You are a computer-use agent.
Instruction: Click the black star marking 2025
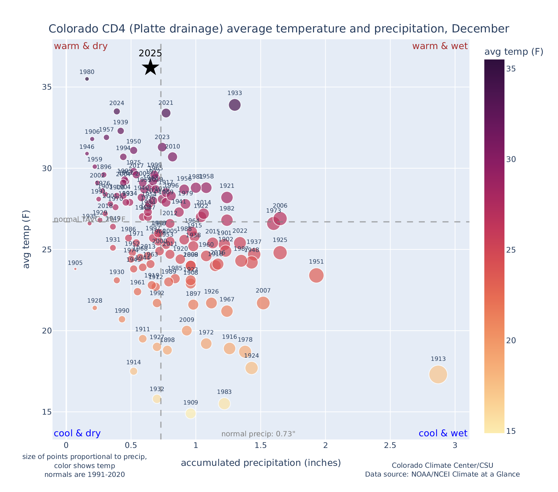pos(151,67)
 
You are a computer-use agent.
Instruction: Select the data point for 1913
pos(438,374)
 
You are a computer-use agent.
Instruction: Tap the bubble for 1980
pos(87,79)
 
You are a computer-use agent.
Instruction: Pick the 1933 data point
pos(235,105)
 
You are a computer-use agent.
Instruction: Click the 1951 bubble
pos(316,276)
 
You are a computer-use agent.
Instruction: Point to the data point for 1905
pos(75,269)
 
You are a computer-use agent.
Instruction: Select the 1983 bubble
pos(224,404)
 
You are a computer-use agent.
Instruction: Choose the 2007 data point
pos(263,303)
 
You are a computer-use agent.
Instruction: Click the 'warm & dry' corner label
pos(81,46)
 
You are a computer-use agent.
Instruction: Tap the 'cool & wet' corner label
pos(443,433)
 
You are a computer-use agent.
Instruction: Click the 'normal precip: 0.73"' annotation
pos(258,434)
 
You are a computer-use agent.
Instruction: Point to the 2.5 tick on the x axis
pos(390,446)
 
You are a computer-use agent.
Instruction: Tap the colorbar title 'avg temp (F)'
pos(514,52)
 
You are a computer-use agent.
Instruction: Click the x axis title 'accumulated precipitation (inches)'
pos(261,463)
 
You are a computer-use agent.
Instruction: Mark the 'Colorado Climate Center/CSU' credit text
pos(442,466)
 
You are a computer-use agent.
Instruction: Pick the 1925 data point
pos(280,253)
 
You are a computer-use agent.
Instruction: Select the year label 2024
pos(117,103)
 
